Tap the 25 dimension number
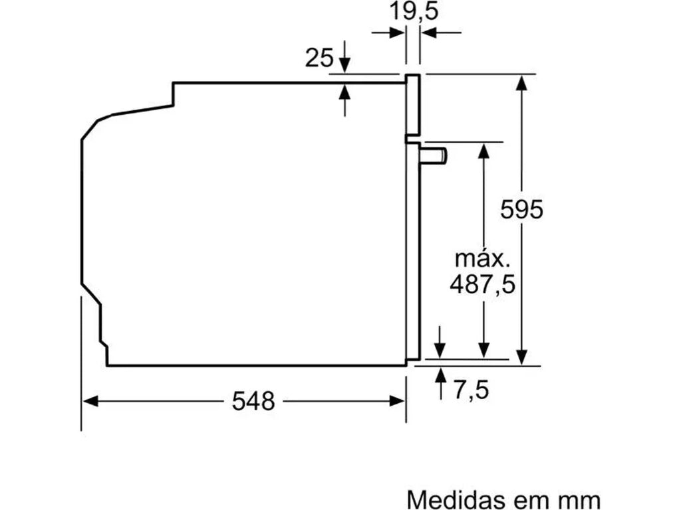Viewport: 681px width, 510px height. [x=319, y=58]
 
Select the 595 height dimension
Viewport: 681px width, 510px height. [x=521, y=209]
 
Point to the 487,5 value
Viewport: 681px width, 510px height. [x=483, y=285]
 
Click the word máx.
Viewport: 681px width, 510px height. [x=483, y=258]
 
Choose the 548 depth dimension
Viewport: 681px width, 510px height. [x=253, y=400]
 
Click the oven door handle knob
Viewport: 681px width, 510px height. [x=434, y=156]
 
